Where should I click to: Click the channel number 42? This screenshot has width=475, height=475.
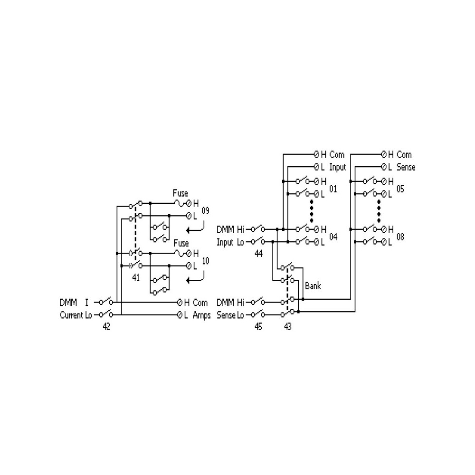point(106,326)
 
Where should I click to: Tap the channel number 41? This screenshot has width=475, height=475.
point(136,277)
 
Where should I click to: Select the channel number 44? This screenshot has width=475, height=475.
point(258,254)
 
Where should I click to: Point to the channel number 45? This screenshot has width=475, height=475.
point(258,326)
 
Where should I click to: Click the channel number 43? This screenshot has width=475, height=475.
point(287,326)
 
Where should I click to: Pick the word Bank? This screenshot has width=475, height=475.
point(313,286)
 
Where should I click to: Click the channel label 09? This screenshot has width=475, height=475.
point(205,211)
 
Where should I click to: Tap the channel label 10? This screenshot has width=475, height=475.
point(205,261)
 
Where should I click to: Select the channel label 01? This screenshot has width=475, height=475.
point(333,189)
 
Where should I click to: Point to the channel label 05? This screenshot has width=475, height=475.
point(400,189)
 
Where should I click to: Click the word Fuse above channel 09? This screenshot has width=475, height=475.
point(180,193)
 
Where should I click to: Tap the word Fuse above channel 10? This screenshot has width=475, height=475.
point(181,243)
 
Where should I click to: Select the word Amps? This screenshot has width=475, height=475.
point(201,315)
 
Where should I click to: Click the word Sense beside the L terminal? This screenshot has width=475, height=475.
point(406,167)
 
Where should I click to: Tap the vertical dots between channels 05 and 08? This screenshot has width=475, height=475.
point(379,211)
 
